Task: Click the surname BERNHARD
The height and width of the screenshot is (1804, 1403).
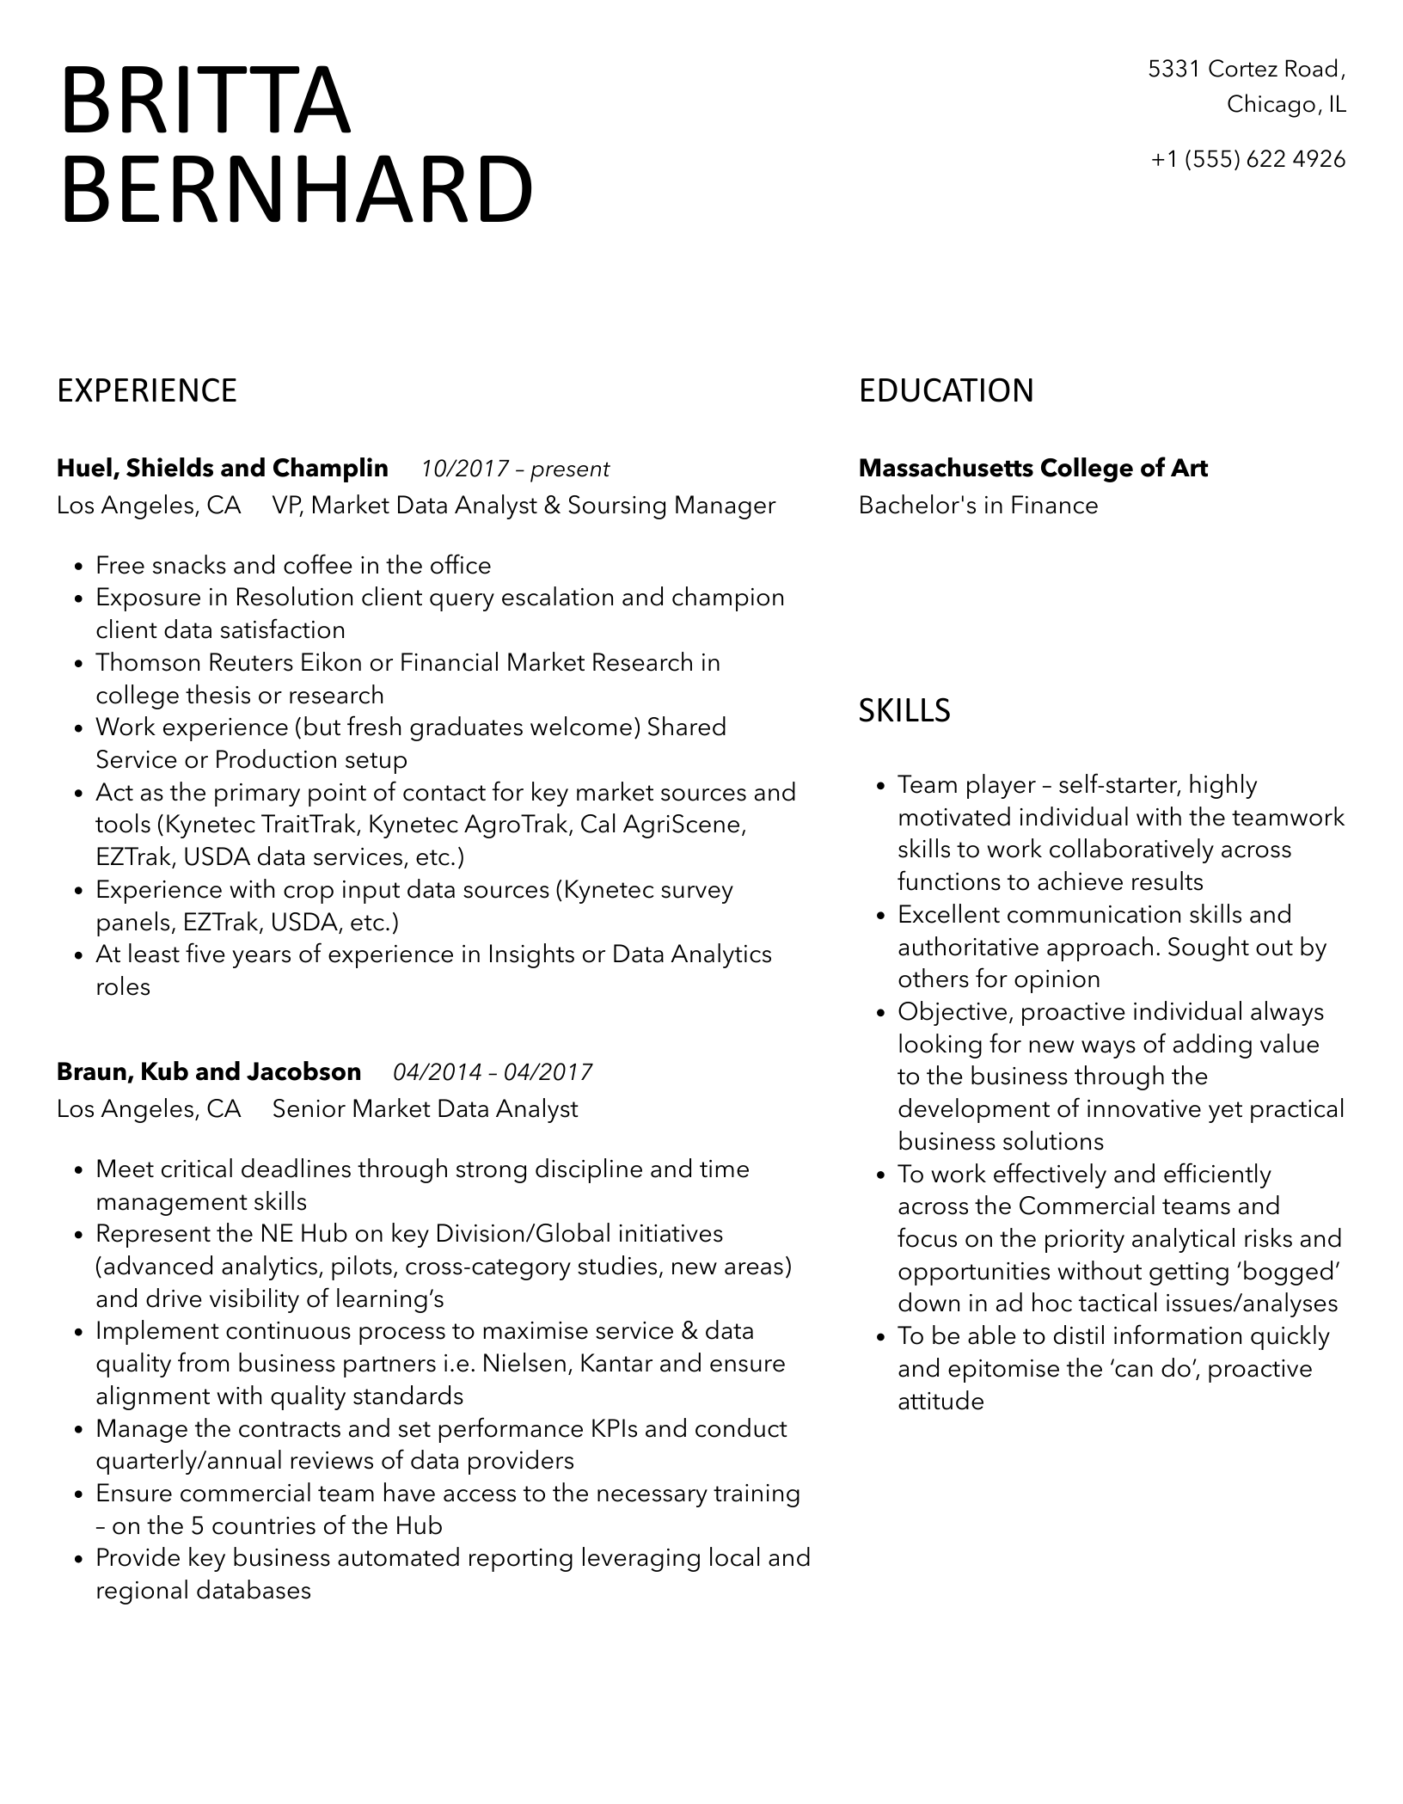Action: pyautogui.click(x=297, y=190)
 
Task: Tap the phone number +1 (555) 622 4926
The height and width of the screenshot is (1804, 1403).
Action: pyautogui.click(x=1248, y=159)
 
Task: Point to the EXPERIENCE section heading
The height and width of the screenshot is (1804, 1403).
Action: pyautogui.click(x=147, y=391)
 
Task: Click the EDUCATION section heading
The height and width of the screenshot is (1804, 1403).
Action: pyautogui.click(x=946, y=391)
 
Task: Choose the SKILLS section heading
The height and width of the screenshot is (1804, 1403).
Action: pyautogui.click(x=904, y=711)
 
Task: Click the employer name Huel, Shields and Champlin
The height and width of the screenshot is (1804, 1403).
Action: pyautogui.click(x=222, y=469)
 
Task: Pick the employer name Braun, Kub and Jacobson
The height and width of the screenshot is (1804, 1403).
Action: pyautogui.click(x=209, y=1072)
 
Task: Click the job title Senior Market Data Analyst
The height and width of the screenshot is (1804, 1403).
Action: pyautogui.click(x=425, y=1109)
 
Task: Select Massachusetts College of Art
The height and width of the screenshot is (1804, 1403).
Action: pyautogui.click(x=1032, y=469)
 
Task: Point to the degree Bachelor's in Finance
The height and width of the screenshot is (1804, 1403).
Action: pyautogui.click(x=978, y=506)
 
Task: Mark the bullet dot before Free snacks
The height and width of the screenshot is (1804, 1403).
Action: pyautogui.click(x=79, y=568)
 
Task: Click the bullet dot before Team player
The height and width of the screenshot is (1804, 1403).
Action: pyautogui.click(x=881, y=787)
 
